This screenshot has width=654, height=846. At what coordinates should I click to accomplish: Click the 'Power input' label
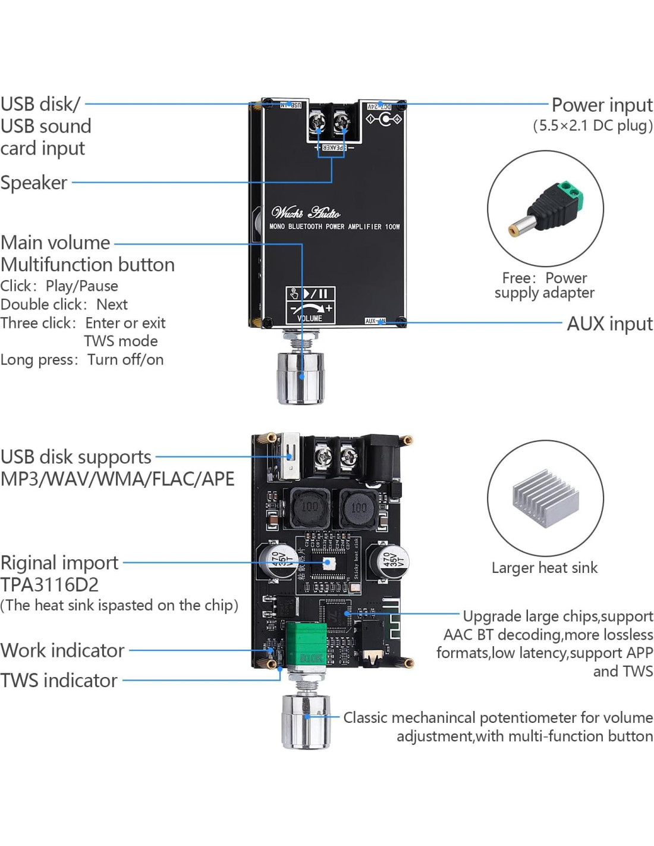point(602,105)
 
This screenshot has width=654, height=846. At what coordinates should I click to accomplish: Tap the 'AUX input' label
point(609,324)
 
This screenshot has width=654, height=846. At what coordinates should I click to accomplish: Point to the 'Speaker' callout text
point(34,183)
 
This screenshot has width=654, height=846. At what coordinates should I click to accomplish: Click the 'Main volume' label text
point(55,243)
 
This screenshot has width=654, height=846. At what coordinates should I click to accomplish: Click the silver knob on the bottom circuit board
point(306,720)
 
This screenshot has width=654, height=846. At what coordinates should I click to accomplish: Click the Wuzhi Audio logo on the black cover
point(306,212)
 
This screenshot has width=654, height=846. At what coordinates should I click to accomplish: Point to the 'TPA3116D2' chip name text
point(50,585)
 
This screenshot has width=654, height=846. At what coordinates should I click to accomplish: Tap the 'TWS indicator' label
point(59,681)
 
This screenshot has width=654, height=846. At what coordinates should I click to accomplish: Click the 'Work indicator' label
point(62,650)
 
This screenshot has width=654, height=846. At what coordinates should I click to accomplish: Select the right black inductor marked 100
point(358,507)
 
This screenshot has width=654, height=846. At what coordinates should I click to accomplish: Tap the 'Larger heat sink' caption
point(544,568)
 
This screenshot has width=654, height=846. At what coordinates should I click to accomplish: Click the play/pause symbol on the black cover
point(316,293)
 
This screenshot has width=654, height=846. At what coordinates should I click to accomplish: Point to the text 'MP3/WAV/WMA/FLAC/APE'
point(117,479)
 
